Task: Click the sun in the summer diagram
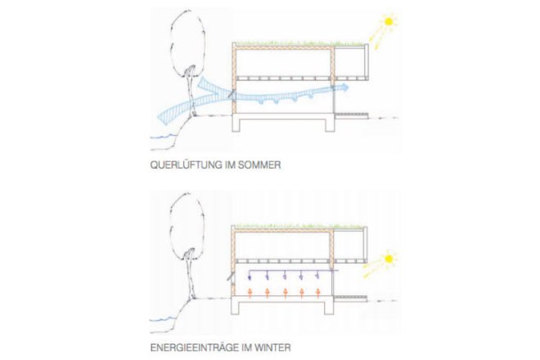click(389, 22)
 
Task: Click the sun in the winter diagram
click(389, 259)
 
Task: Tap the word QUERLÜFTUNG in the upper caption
click(187, 165)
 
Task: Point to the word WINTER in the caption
click(272, 348)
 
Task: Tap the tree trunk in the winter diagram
click(190, 276)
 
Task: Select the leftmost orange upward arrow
click(250, 292)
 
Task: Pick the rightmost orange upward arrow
click(318, 292)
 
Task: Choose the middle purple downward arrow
click(285, 275)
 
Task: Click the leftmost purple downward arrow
click(250, 275)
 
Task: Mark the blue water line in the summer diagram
click(164, 137)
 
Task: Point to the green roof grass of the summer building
click(299, 43)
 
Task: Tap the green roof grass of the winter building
click(299, 226)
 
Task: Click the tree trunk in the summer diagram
click(191, 93)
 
